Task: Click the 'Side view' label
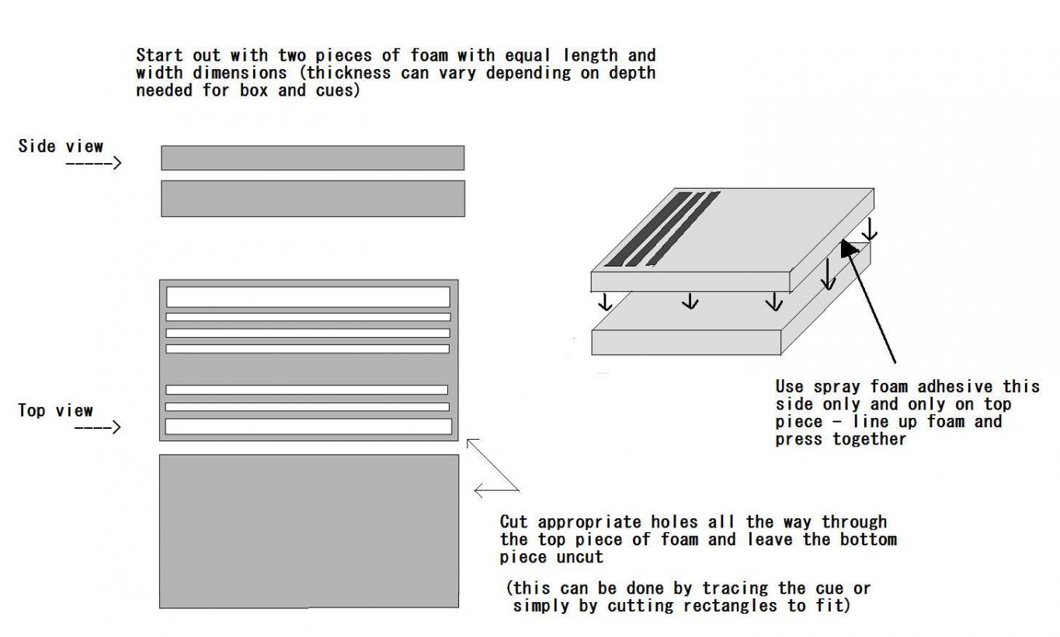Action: [61, 146]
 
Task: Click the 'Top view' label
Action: [55, 410]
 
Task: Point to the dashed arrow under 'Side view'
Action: [93, 163]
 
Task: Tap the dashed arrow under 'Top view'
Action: [97, 426]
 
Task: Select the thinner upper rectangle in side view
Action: [312, 158]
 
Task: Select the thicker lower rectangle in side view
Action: [312, 198]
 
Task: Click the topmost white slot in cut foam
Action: [308, 297]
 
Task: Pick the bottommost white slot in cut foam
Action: [308, 426]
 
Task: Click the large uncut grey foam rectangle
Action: [308, 531]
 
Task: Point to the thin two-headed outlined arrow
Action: [495, 466]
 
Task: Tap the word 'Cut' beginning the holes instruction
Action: [513, 521]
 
